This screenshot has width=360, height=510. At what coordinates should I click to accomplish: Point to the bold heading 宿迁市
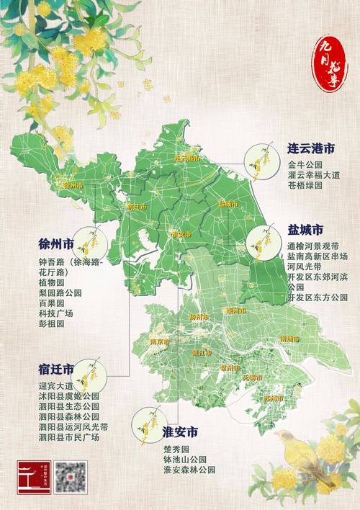coord(56,370)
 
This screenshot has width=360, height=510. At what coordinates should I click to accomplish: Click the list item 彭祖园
coord(50,324)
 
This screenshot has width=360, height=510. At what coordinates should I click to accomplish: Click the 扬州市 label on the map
coord(197,317)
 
